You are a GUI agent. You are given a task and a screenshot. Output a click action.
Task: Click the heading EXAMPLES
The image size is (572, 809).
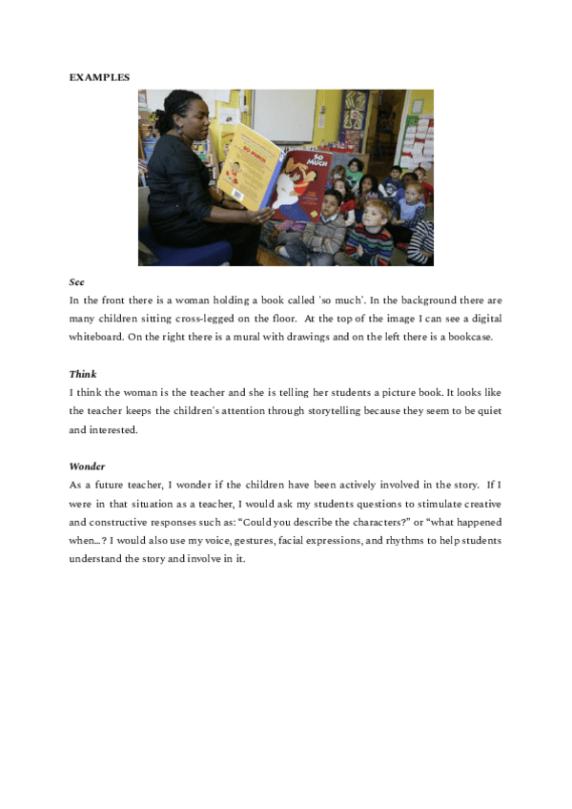coord(100,76)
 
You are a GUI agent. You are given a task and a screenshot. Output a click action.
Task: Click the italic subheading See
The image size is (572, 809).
coord(76,282)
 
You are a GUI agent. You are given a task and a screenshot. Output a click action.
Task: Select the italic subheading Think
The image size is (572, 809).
coord(83,374)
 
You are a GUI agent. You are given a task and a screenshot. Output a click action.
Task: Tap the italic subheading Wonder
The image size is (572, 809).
coord(87,467)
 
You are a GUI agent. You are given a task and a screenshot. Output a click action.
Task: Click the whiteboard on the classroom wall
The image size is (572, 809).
coord(283,115)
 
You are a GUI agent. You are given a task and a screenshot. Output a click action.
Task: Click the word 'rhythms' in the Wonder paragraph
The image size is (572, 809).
coord(388,541)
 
